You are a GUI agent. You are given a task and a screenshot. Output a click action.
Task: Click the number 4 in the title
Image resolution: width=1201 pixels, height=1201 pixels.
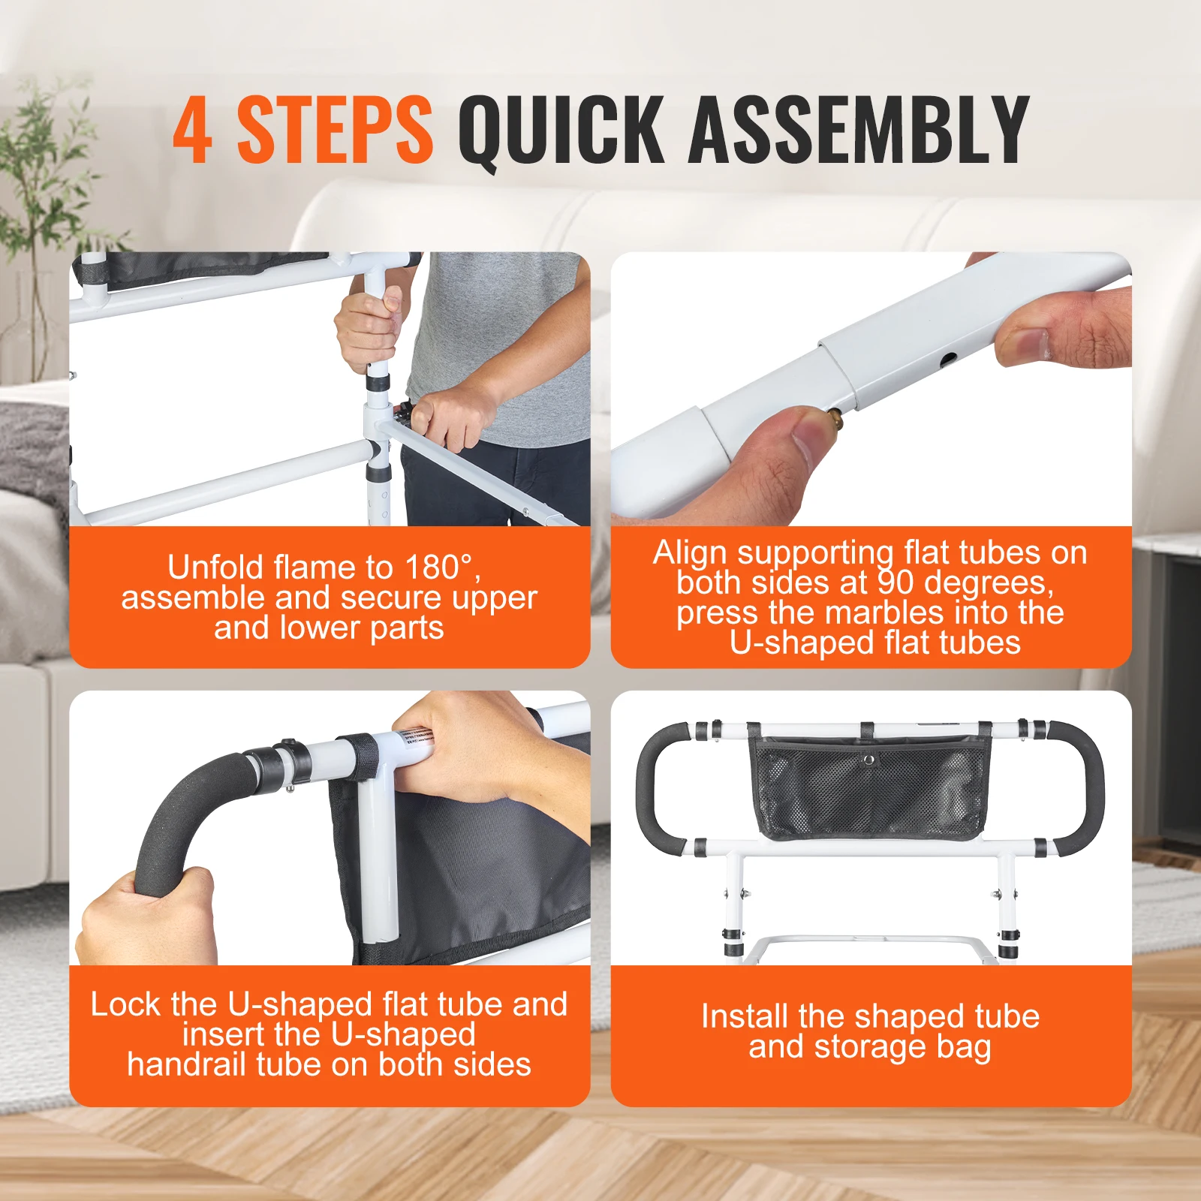(x=192, y=129)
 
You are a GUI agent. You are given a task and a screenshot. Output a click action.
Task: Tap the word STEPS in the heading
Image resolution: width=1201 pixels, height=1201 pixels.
(x=335, y=129)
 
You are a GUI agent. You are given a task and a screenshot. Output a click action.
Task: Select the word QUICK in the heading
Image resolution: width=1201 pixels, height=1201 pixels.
(x=561, y=129)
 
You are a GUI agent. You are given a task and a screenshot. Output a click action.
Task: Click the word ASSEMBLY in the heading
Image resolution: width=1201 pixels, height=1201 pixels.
(x=858, y=129)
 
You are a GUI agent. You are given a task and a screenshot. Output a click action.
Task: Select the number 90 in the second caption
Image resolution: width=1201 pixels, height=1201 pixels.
(x=896, y=582)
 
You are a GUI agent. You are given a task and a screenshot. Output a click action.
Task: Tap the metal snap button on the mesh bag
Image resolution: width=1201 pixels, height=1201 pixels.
(x=868, y=760)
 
